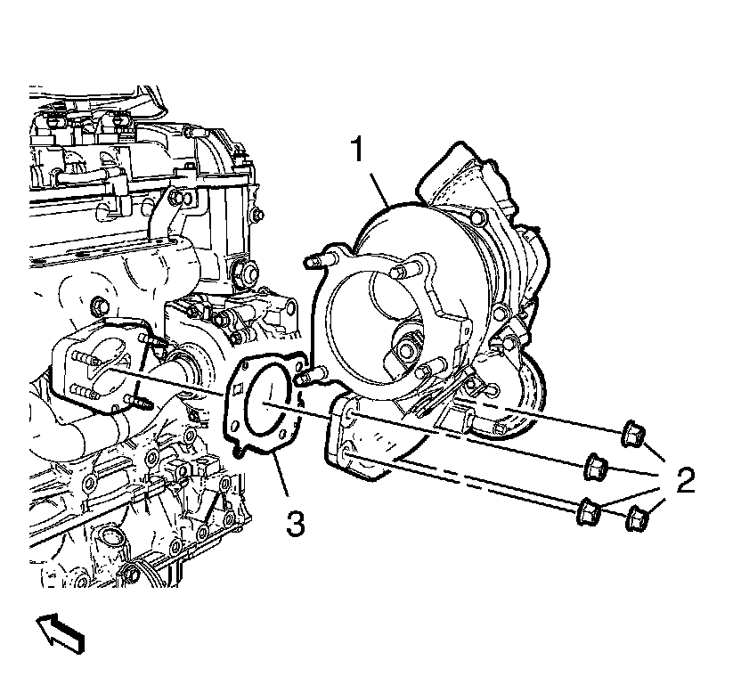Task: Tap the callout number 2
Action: tap(686, 481)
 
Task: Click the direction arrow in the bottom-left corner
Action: tap(61, 634)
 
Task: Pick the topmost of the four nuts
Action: tap(632, 435)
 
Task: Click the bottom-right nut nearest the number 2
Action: tap(638, 518)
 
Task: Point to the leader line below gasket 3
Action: tap(282, 477)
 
